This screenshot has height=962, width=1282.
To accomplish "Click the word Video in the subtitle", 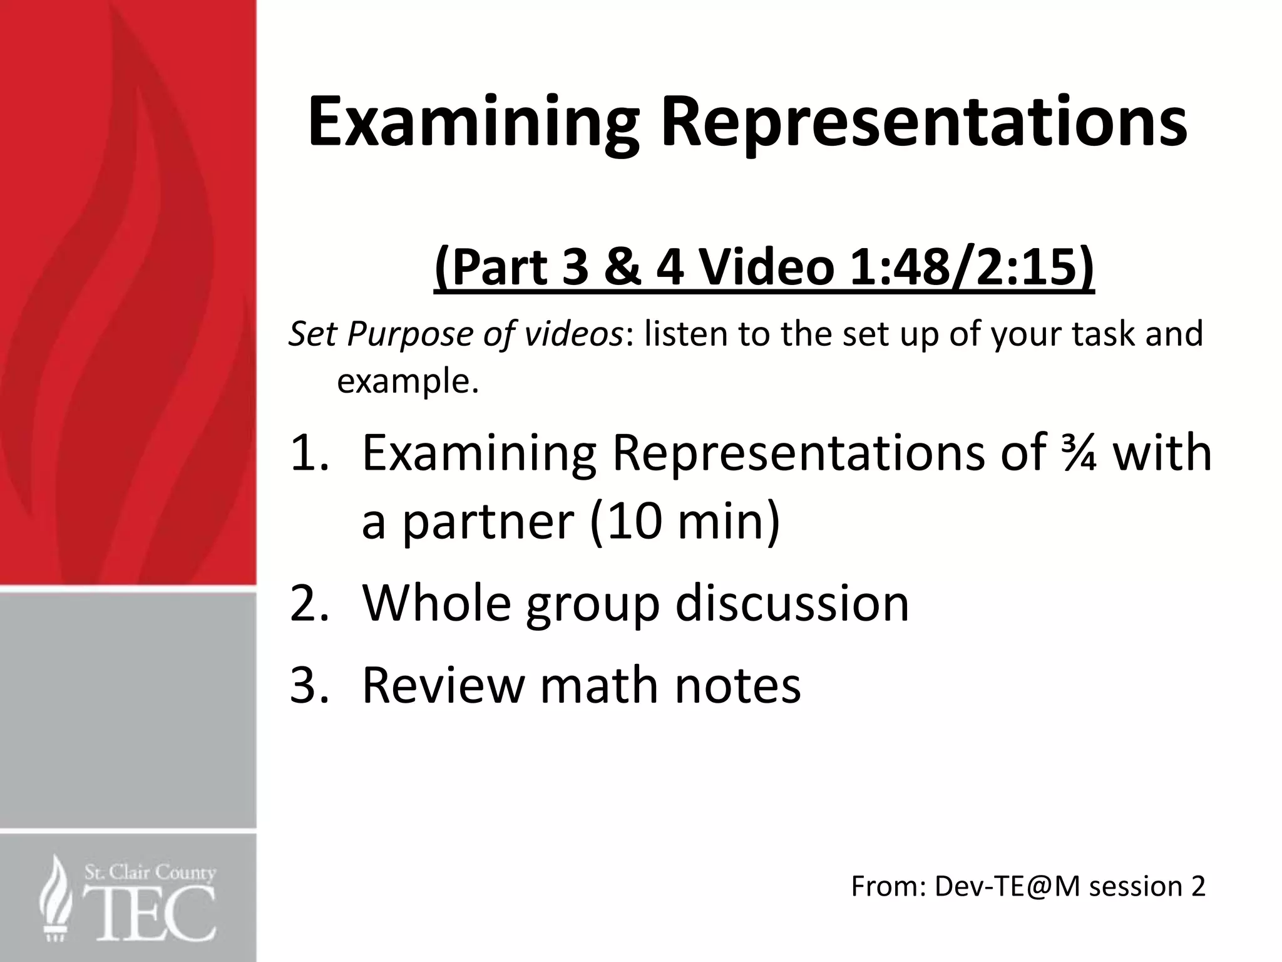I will coord(766,268).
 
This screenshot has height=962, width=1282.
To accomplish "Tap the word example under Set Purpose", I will coord(407,381).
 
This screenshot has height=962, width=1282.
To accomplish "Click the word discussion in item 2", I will coord(792,603).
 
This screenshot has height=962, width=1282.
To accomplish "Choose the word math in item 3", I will coord(599,685).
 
